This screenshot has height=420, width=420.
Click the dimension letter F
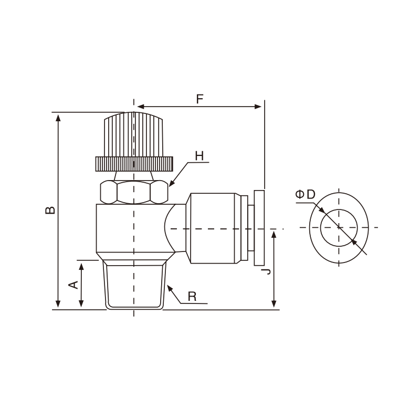pyautogui.click(x=200, y=99)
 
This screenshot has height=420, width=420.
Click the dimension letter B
pyautogui.click(x=50, y=210)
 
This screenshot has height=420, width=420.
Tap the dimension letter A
pyautogui.click(x=73, y=285)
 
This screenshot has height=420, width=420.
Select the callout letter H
pyautogui.click(x=199, y=156)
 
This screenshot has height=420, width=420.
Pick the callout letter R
pyautogui.click(x=192, y=297)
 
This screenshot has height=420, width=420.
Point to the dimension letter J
pyautogui.click(x=266, y=271)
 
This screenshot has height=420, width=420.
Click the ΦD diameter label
pyautogui.click(x=305, y=194)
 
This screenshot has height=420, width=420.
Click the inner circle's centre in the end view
pyautogui.click(x=339, y=228)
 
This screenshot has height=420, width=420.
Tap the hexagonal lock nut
pyautogui.click(x=134, y=192)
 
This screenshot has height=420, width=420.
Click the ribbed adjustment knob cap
pyautogui.click(x=133, y=134)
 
